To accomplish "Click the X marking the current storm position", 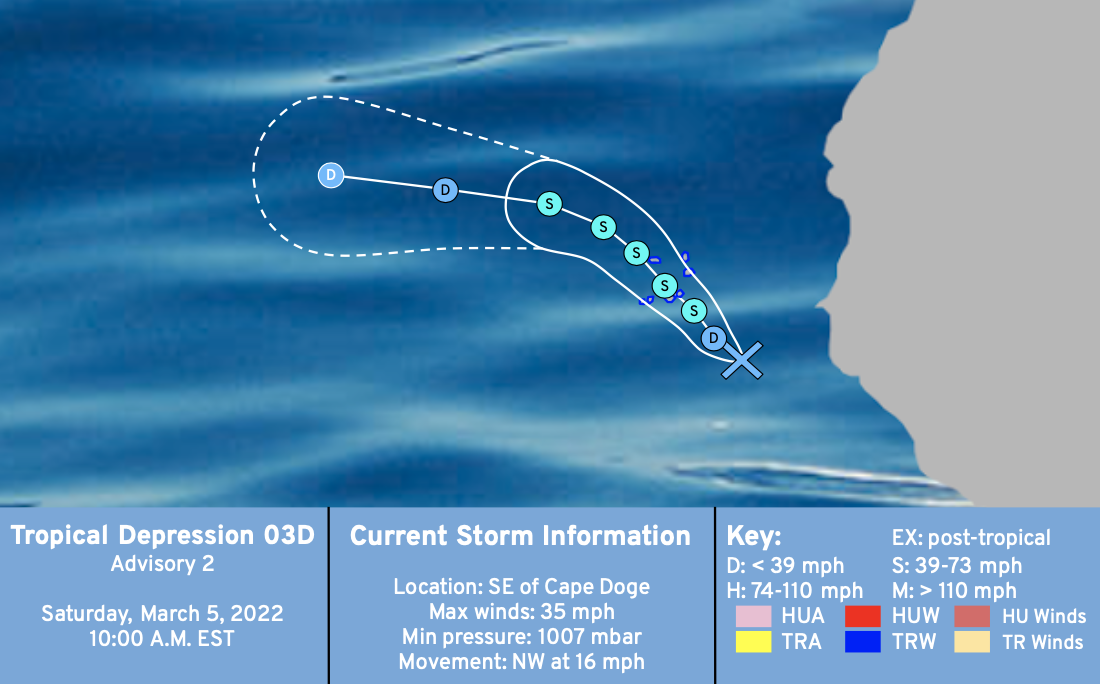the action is click(x=742, y=361).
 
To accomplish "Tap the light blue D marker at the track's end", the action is click(x=331, y=175).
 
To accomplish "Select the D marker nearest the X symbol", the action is click(x=713, y=338).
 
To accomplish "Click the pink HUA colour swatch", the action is click(x=753, y=616).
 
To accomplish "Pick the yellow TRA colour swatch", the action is click(x=753, y=642).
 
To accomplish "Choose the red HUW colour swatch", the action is click(x=863, y=616).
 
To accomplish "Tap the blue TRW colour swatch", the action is click(x=863, y=642).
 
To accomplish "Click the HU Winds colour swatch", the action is click(x=972, y=616).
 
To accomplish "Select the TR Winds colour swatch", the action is click(x=972, y=642).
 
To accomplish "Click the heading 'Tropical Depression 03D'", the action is click(x=163, y=535).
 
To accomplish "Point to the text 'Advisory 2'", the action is click(x=163, y=564).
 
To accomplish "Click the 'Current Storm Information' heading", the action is click(x=521, y=536).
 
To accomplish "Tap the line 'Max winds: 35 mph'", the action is click(x=522, y=612).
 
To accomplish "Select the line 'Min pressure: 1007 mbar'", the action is click(x=522, y=637).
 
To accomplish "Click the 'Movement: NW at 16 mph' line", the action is click(x=522, y=662).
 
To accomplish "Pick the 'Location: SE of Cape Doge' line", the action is click(x=522, y=586).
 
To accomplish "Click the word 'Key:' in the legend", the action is click(x=753, y=536).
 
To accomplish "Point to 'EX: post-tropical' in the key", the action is click(x=972, y=538).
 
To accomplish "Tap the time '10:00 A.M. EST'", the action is click(x=161, y=639).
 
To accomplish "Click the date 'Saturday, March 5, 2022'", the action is click(x=162, y=614).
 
